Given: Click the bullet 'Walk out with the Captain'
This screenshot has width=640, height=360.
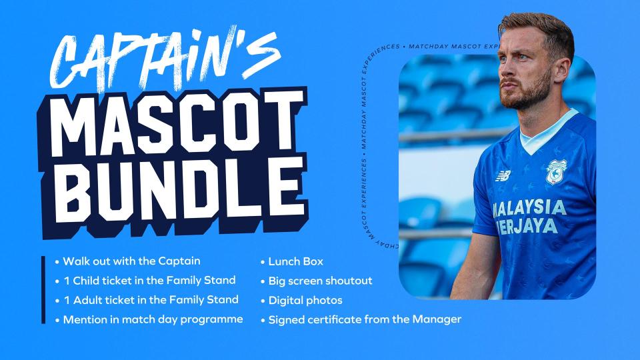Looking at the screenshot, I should (131, 261).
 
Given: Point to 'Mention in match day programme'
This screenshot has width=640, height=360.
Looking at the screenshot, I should (153, 319).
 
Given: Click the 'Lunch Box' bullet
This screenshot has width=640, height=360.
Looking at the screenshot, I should (295, 261).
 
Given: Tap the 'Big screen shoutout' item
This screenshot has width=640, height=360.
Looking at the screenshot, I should (320, 281).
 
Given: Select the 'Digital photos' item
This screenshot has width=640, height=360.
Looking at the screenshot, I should (305, 300).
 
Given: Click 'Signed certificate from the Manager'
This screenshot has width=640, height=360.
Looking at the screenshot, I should (365, 319).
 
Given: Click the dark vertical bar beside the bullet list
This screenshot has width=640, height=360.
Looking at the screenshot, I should (43, 289).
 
